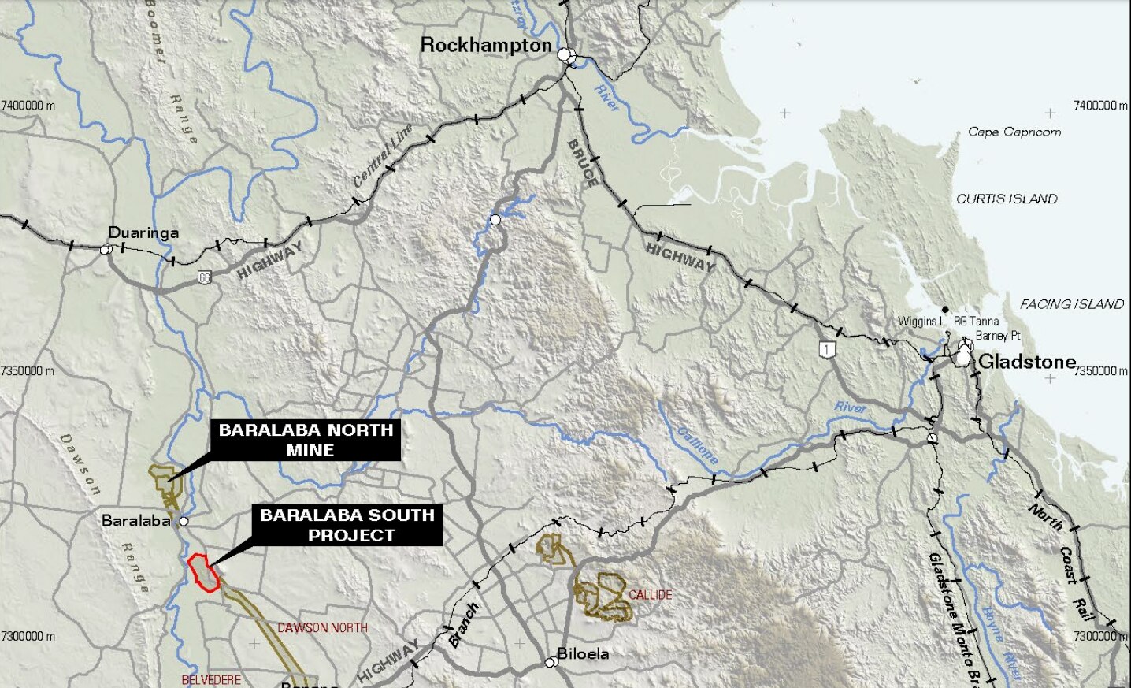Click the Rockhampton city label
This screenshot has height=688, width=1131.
(486, 45)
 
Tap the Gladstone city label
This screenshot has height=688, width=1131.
(1027, 362)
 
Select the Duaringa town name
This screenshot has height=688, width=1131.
(143, 232)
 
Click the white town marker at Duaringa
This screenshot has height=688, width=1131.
(105, 250)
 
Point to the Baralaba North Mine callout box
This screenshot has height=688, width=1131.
(306, 440)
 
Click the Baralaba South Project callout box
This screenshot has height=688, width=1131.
(347, 525)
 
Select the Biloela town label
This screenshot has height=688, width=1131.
(583, 653)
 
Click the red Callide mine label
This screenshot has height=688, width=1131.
(651, 594)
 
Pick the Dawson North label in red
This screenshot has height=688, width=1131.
(322, 628)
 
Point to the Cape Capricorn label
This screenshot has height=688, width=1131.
(1014, 132)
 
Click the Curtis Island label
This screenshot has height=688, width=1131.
(1007, 199)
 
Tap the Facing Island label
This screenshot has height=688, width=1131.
(1071, 304)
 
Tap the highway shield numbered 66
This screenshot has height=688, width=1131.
(205, 277)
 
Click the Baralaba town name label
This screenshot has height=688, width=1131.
(136, 521)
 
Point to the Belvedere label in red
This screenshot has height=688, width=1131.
(211, 679)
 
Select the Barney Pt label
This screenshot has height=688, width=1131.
(998, 336)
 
